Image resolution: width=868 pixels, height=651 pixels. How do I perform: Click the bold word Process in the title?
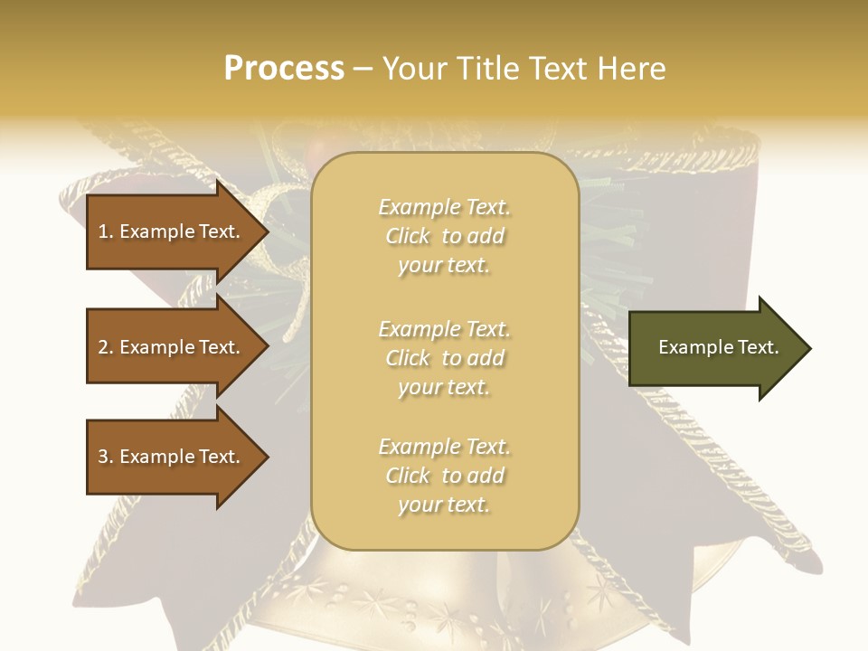284,69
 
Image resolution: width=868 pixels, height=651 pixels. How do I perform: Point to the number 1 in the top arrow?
103,231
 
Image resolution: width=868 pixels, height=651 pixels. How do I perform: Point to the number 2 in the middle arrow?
103,347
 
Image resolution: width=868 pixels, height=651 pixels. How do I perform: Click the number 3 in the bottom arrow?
103,457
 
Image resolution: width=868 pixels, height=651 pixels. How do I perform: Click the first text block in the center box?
444,236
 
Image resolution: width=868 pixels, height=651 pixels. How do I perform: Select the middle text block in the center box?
444,358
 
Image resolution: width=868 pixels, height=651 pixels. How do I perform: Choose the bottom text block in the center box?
444,476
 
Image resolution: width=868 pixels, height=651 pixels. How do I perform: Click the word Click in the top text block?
408,236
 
